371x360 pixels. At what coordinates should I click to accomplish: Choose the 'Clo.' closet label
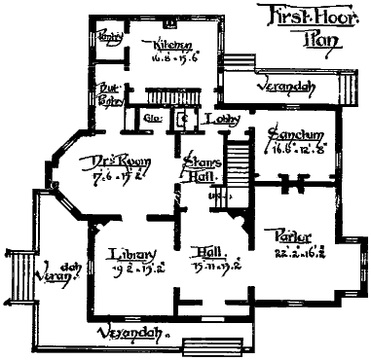point(152,120)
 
